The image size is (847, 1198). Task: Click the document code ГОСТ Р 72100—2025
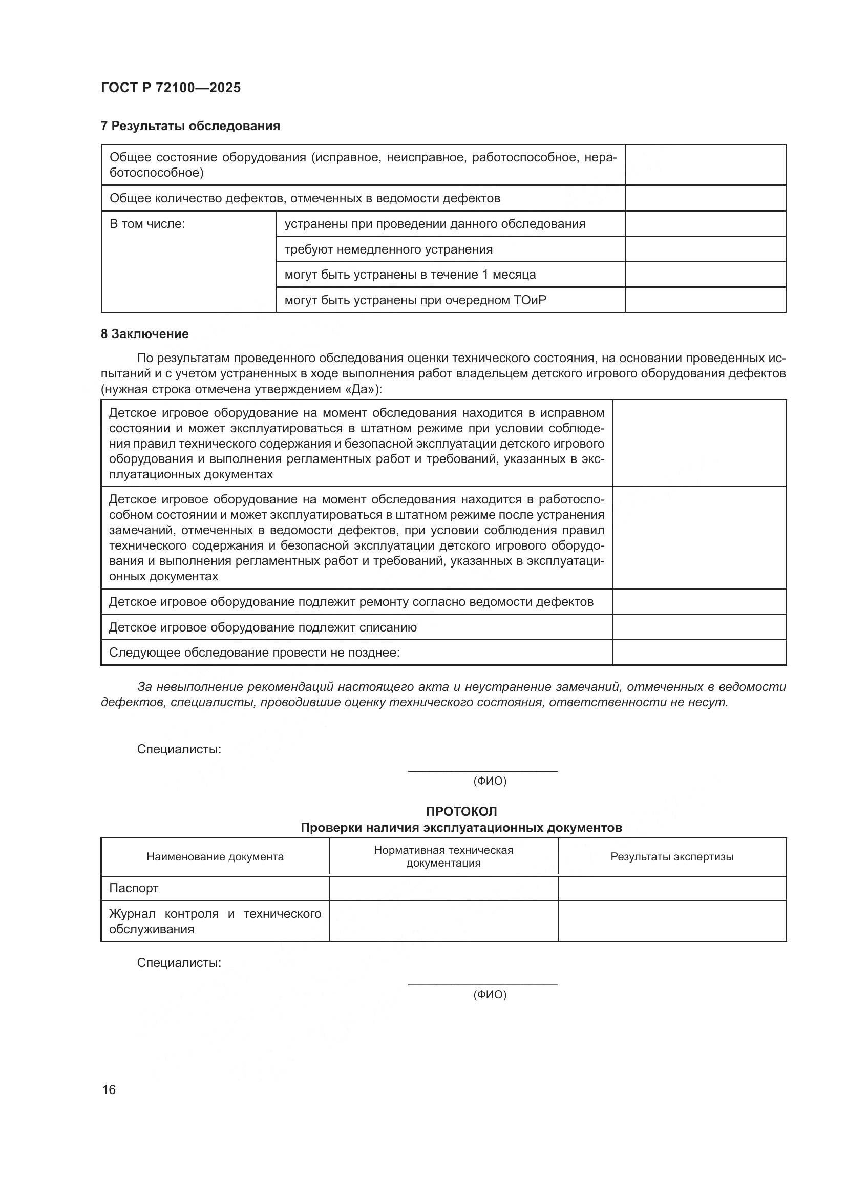tap(171, 88)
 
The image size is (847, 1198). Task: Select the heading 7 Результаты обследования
tap(190, 126)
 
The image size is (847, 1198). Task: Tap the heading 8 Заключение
tap(144, 333)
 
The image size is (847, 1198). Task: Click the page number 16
tap(109, 1089)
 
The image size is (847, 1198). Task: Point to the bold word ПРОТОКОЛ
tap(461, 811)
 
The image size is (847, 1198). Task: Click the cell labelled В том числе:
tap(147, 224)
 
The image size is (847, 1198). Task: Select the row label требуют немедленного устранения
tap(388, 249)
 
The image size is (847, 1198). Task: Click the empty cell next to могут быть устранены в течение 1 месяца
tap(705, 275)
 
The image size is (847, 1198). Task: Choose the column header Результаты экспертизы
tap(672, 856)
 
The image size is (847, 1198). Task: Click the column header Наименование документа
tap(215, 856)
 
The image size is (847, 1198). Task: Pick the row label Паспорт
tap(134, 888)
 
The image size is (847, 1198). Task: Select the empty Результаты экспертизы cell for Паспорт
tap(672, 888)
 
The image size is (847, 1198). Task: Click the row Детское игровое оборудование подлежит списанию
tap(262, 627)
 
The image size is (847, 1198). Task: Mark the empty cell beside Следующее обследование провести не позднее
tap(699, 653)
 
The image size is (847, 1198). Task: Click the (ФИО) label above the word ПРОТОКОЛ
tap(490, 781)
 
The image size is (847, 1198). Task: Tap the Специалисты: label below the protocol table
tap(179, 963)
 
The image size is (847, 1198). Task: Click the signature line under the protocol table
tap(482, 984)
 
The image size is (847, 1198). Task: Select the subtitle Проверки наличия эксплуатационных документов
tap(461, 828)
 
